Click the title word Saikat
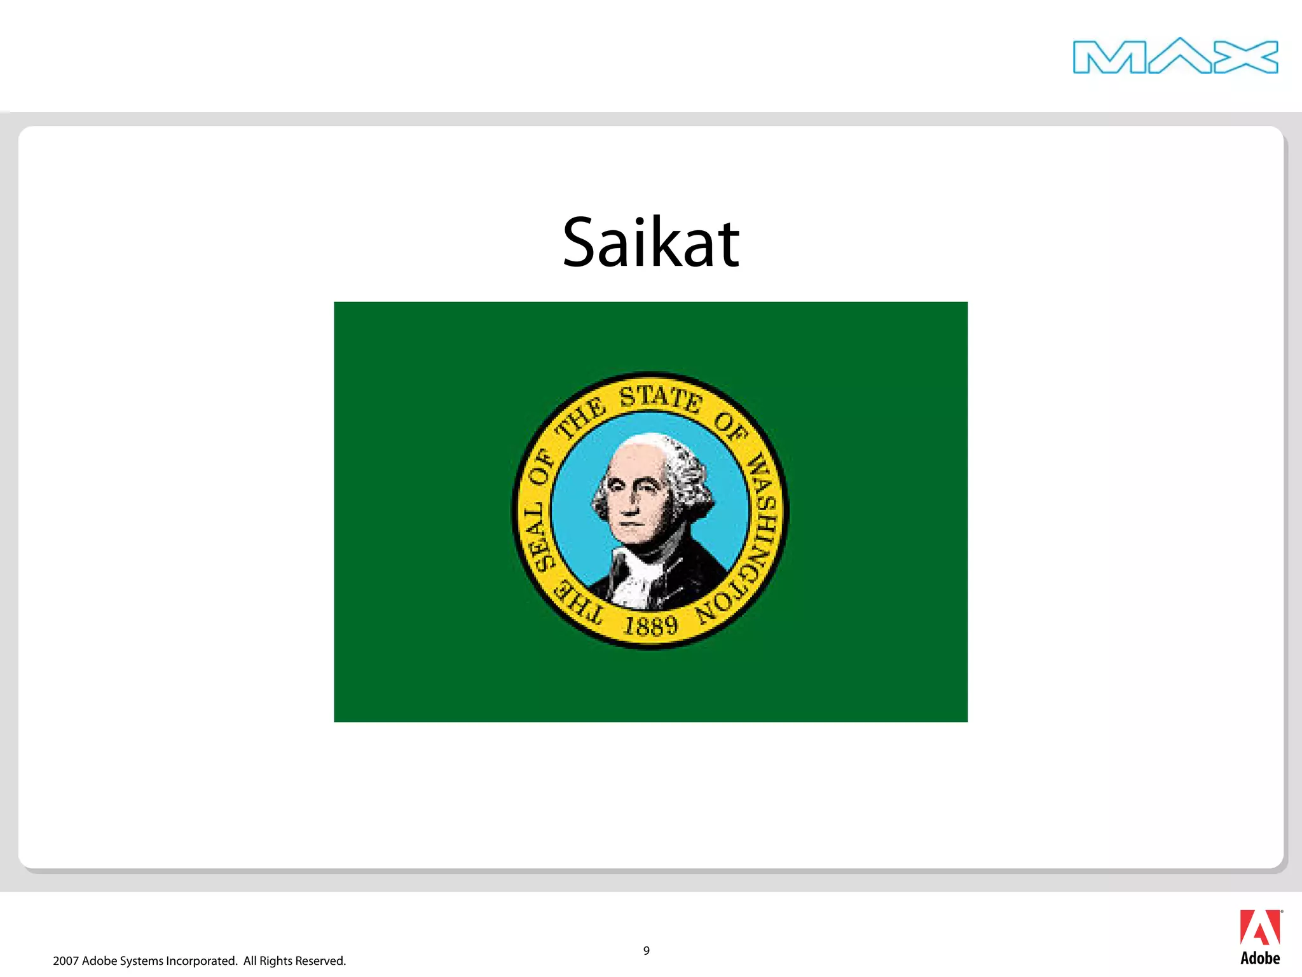click(x=651, y=243)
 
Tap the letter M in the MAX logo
click(x=1109, y=57)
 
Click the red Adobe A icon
click(x=1260, y=928)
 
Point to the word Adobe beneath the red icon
click(x=1260, y=959)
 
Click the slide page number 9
click(x=647, y=951)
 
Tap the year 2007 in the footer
click(x=66, y=961)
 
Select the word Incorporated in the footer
click(x=202, y=961)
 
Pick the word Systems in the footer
click(x=141, y=961)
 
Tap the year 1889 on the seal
click(x=651, y=626)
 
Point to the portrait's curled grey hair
click(x=690, y=477)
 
